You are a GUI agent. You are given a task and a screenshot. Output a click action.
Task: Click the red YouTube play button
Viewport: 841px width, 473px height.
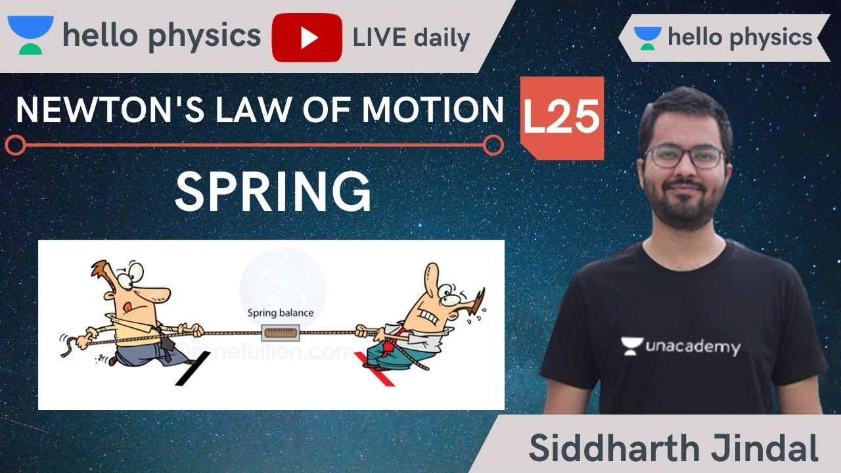[x=307, y=37]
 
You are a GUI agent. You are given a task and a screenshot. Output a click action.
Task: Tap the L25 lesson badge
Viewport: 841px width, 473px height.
[x=562, y=118]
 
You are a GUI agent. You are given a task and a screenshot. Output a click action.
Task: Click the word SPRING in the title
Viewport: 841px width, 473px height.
[x=273, y=191]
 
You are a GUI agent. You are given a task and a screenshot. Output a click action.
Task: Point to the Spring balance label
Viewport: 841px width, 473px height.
[x=281, y=313]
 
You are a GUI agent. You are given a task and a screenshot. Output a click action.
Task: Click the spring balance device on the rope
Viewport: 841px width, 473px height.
[x=281, y=334]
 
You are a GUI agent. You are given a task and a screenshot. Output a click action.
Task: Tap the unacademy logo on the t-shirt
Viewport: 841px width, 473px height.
[x=680, y=346]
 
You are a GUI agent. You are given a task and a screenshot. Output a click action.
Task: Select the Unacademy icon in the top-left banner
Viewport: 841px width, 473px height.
[x=30, y=36]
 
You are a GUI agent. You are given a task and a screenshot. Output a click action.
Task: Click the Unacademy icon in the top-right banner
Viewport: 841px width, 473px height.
[x=648, y=38]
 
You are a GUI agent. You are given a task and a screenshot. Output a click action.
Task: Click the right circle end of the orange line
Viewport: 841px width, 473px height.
[x=493, y=145]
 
